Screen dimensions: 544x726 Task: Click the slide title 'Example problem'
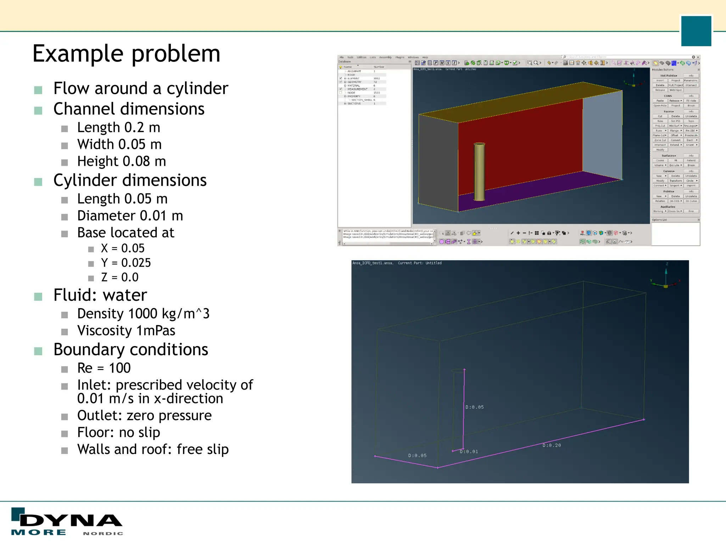pos(126,54)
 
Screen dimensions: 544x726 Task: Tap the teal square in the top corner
pos(696,31)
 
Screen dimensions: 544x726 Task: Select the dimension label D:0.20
pos(552,445)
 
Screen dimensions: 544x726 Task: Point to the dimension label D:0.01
pos(469,452)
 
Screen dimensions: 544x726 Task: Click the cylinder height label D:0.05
pos(474,407)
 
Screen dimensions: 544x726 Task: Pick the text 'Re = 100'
pos(104,368)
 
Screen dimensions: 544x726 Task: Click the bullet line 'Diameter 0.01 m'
pos(130,216)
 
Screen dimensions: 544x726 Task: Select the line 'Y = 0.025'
pos(126,263)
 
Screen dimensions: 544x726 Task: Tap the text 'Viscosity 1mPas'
pos(126,330)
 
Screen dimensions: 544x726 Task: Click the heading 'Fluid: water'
pos(100,295)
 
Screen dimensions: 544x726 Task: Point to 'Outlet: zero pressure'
pos(144,415)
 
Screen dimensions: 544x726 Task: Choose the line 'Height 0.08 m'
pos(122,161)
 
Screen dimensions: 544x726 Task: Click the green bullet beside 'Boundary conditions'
pos(38,351)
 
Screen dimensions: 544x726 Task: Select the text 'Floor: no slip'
pos(119,432)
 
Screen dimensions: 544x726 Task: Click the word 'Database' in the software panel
pos(344,62)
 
